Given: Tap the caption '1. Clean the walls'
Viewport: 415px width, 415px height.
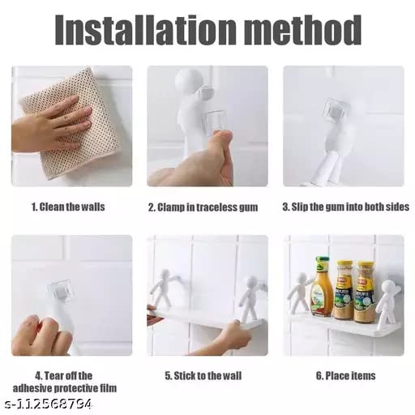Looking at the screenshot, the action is [x=68, y=207].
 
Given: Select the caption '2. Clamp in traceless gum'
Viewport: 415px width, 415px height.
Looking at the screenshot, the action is [x=203, y=207].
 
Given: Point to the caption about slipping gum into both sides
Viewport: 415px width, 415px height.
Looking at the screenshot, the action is [x=346, y=207].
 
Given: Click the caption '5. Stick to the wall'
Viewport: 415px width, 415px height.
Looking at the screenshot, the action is [x=203, y=376].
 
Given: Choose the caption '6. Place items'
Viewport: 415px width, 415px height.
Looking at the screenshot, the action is [x=346, y=376].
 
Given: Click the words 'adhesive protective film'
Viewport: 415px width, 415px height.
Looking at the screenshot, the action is [x=65, y=388].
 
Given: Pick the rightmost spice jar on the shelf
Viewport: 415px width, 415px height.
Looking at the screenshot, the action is [x=366, y=292].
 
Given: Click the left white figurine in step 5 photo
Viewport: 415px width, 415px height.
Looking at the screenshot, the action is [x=164, y=288].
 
